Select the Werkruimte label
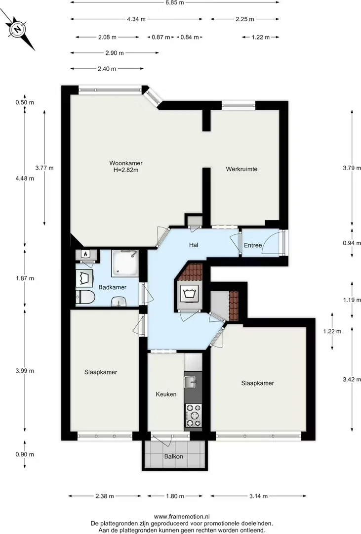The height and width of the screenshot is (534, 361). click(241, 169)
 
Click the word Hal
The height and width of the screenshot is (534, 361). click(194, 245)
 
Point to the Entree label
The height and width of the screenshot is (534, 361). click(253, 245)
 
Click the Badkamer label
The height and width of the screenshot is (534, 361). click(112, 287)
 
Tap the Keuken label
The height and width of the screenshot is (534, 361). click(166, 394)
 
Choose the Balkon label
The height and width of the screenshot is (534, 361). click(173, 456)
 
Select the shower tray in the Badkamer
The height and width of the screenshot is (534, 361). click(124, 264)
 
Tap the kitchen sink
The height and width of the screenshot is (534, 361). click(191, 382)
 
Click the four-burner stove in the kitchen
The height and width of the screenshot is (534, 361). click(193, 415)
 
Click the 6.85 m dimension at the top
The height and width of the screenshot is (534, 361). click(174, 3)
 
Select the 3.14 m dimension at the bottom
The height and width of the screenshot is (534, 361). click(258, 496)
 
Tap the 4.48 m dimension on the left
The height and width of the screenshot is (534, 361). click(25, 178)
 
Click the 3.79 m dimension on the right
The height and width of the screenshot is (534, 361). click(352, 168)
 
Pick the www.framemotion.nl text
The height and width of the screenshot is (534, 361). click(181, 516)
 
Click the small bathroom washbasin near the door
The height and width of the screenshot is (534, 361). click(119, 301)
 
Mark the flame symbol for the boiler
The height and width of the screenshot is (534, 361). click(85, 254)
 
